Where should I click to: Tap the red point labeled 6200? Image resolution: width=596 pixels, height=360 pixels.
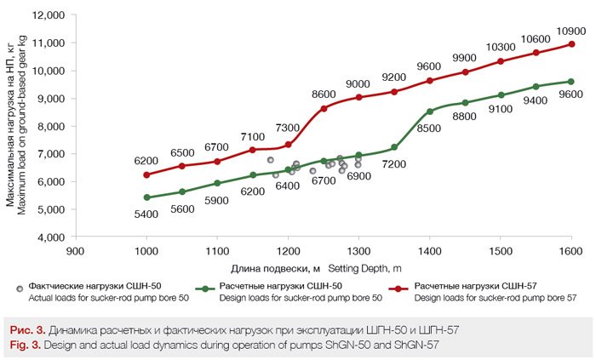[x=147, y=174]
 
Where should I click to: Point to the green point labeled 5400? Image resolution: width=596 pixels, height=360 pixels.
[x=147, y=197]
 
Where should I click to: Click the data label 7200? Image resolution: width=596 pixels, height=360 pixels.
[x=394, y=163]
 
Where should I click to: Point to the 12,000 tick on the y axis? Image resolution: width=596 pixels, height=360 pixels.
[x=49, y=16]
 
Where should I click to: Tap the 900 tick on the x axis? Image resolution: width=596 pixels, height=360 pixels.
[x=76, y=252]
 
